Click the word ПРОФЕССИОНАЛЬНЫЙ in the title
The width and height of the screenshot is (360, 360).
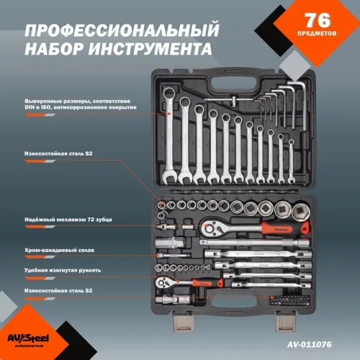[121, 32]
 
